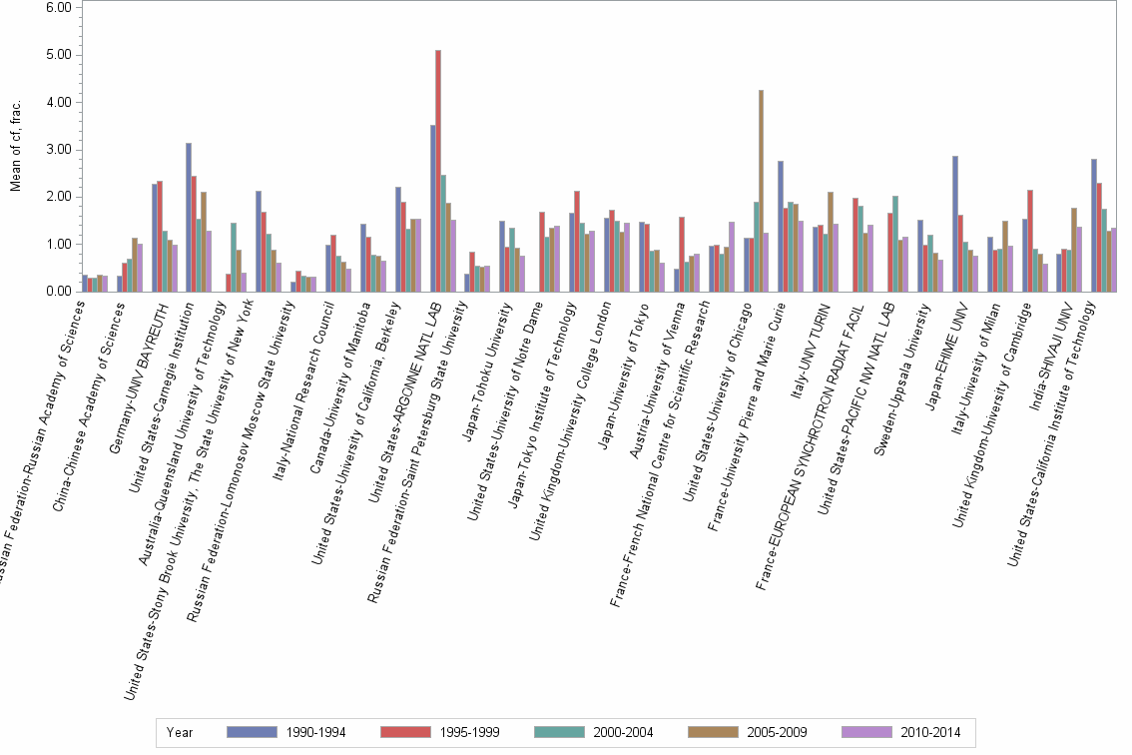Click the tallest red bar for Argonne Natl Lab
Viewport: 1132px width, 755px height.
coord(438,171)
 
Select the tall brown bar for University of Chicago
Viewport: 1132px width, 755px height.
coord(761,191)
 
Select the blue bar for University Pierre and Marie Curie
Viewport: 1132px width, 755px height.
coord(781,226)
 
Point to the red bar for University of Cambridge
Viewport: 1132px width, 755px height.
coord(1030,241)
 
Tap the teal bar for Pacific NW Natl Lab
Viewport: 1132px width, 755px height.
coord(895,244)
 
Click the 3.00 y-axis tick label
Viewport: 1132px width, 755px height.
coord(58,149)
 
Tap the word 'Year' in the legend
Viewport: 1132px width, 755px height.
coord(180,732)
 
